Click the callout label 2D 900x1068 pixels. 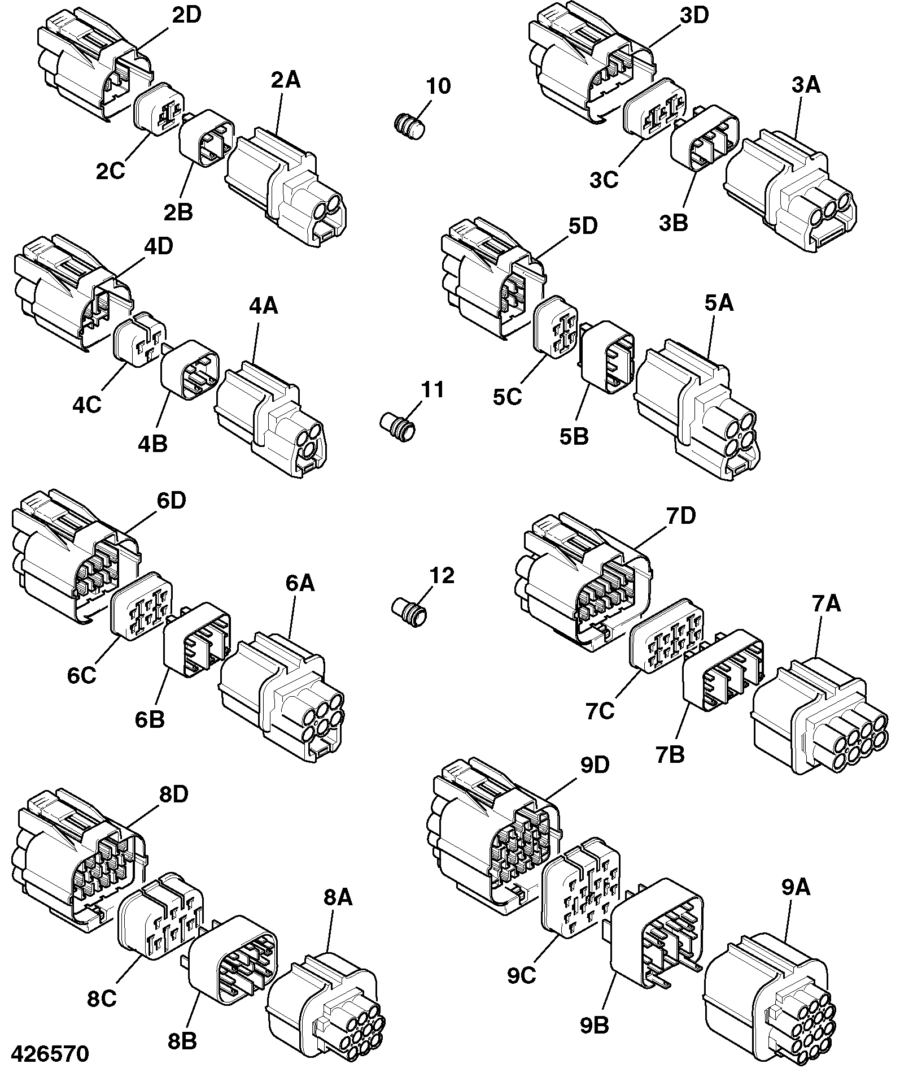[x=186, y=15]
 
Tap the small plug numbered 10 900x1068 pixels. [x=409, y=125]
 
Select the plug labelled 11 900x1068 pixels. [x=397, y=426]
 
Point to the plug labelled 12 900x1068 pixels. [x=410, y=612]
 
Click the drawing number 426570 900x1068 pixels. [x=50, y=1054]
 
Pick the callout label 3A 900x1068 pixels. [x=806, y=85]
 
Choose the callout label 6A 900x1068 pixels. [x=299, y=583]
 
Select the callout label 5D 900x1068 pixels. [x=583, y=226]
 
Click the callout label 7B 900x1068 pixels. [x=670, y=754]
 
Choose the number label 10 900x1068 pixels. [x=438, y=86]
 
